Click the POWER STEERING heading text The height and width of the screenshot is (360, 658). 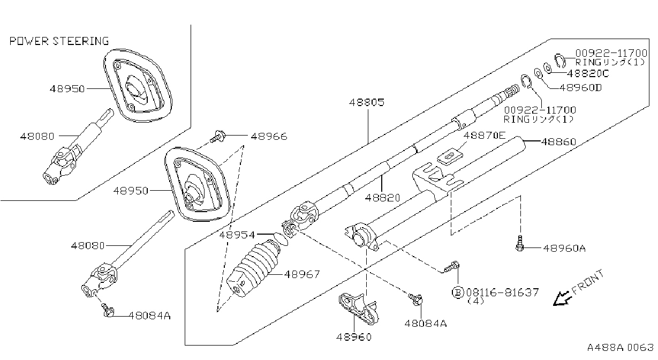59,41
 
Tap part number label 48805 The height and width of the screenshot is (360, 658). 367,102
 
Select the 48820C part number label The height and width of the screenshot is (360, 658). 588,73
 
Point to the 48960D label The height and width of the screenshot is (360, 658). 580,87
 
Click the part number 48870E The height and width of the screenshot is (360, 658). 485,135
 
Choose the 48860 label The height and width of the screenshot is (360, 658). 558,141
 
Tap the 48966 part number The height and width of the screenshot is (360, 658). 269,137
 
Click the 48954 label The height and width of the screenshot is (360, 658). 237,235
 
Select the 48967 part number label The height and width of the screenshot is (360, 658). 302,274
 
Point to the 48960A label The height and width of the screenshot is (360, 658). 564,249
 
